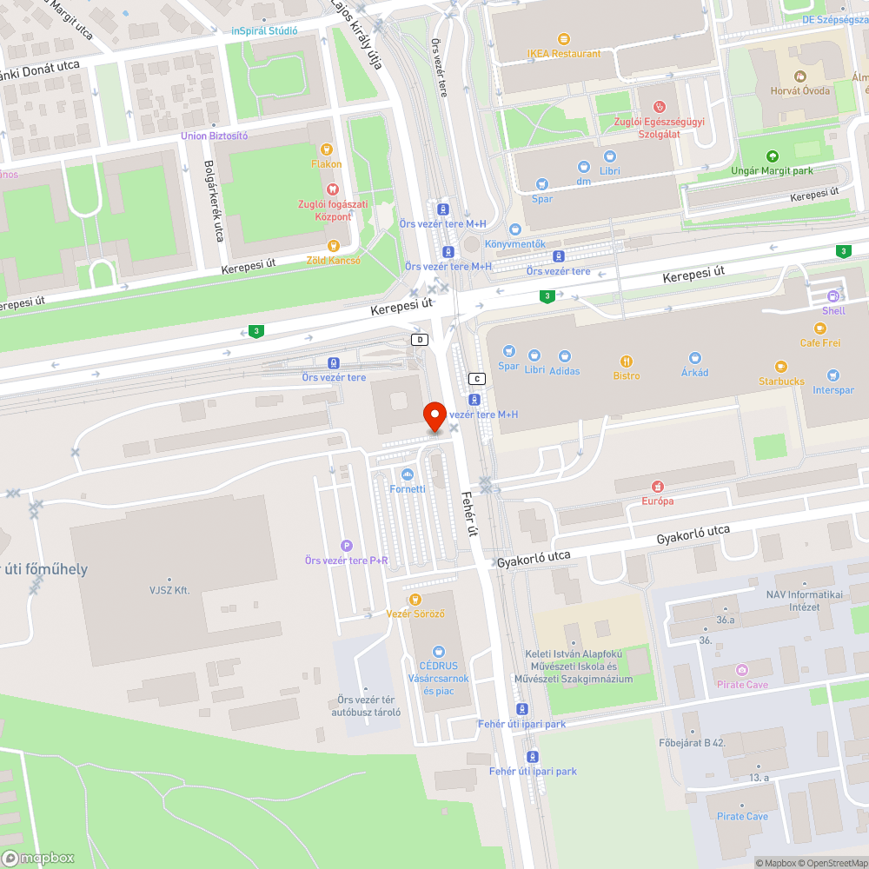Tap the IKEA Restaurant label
point(563,53)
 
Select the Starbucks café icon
point(780,367)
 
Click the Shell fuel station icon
point(833,295)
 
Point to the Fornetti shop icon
point(408,474)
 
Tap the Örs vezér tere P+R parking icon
point(347,545)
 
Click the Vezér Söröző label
point(415,614)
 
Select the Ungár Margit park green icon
point(772,156)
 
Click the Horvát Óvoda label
point(799,90)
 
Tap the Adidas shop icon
point(565,356)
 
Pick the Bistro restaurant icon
point(626,362)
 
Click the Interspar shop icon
point(833,375)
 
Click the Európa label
point(658,501)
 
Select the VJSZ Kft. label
point(169,591)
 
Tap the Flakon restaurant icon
point(327,149)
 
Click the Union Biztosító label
point(214,136)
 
